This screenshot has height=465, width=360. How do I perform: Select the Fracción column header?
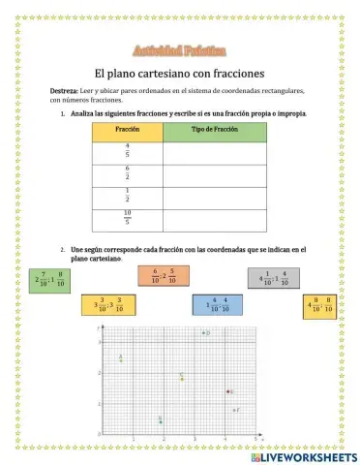point(128,130)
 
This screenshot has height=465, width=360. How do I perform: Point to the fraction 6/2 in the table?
point(128,174)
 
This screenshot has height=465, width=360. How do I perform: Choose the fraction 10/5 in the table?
point(128,219)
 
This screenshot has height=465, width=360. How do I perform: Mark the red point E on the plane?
point(227,391)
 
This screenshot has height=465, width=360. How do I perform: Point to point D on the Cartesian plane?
point(203,333)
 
